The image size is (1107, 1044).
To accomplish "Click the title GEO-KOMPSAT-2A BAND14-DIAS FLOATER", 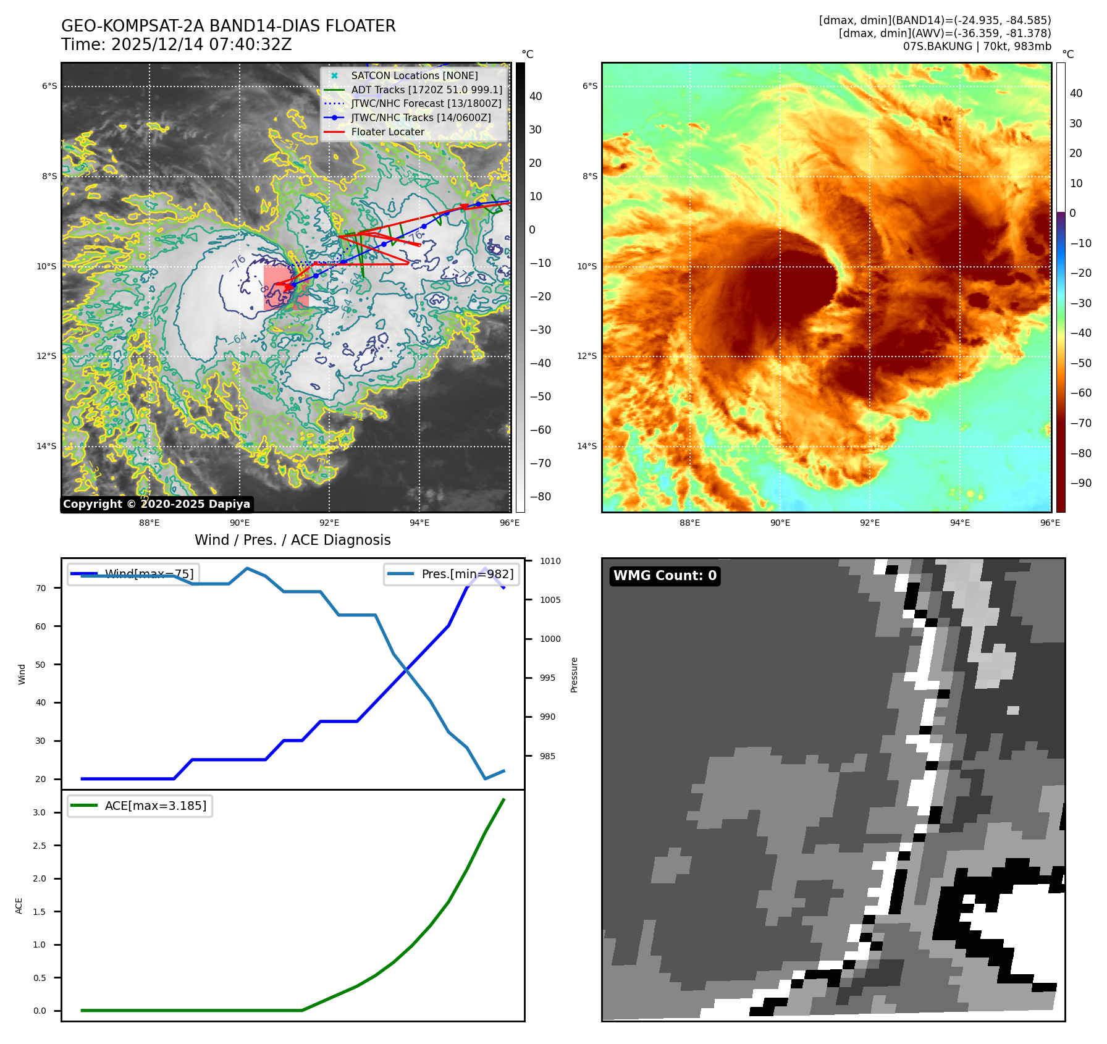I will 228,26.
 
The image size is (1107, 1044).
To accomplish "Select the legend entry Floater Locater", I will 387,132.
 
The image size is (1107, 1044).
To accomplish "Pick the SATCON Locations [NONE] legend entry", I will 414,75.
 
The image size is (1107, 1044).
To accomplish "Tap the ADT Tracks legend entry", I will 426,90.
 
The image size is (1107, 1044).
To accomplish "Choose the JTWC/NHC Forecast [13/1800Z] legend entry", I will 426,103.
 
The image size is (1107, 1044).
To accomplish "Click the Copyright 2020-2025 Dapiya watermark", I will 156,504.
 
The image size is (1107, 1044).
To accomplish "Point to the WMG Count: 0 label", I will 665,576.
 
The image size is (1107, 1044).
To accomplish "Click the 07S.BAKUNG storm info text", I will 977,46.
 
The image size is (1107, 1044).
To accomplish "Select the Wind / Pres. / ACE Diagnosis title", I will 292,540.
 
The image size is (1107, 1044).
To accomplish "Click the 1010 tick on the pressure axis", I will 550,561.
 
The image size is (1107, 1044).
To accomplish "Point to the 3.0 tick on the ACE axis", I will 40,812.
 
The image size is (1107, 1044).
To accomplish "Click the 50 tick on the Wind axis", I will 41,664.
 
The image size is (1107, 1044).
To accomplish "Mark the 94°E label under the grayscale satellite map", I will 419,523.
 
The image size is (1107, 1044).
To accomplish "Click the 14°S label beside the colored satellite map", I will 587,446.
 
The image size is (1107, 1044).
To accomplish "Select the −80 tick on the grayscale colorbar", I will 540,496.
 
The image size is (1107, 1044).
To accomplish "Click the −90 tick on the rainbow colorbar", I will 1080,482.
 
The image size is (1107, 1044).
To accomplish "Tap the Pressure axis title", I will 574,675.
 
